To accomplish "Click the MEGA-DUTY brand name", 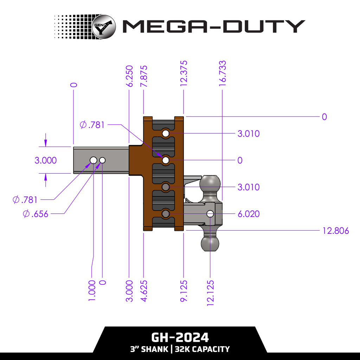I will pos(213,26).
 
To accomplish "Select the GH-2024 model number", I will pos(180,337).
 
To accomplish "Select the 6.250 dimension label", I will pos(129,76).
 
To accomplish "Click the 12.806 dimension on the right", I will pos(335,231).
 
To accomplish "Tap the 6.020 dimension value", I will pos(248,214).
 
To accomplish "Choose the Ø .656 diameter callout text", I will pos(35,214).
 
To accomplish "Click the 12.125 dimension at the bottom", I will pos(210,292).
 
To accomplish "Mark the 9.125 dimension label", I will pos(184,290).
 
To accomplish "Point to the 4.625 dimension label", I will pos(143,290).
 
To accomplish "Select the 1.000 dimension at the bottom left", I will pos(91,290).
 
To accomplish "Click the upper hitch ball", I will pos(210,184).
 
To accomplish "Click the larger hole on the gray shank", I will pos(93,160).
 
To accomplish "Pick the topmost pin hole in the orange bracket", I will pos(166,134).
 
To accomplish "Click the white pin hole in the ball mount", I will pos(210,214).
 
